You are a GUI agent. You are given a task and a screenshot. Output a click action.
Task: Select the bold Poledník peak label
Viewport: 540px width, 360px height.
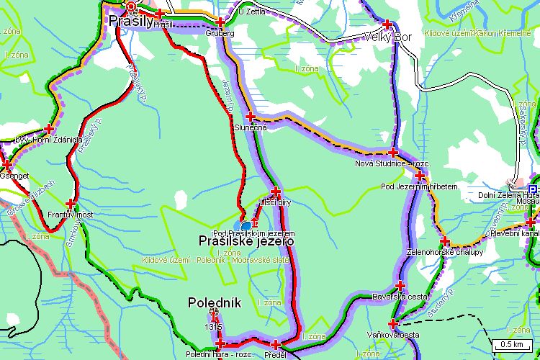click(214, 303)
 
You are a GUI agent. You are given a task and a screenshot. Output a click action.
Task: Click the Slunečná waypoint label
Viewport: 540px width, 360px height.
click(251, 127)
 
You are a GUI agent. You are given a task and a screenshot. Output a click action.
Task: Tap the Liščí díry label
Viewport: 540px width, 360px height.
click(275, 203)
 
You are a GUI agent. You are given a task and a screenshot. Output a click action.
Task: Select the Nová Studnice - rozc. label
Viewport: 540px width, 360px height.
click(393, 164)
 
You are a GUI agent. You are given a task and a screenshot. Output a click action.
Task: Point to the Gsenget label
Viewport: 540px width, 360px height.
click(16, 175)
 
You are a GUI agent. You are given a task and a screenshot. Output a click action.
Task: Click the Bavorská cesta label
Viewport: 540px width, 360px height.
click(400, 297)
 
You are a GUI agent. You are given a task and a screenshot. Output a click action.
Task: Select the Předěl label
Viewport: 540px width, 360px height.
click(275, 355)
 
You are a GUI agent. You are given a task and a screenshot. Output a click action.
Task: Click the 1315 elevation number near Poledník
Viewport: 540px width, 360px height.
click(212, 328)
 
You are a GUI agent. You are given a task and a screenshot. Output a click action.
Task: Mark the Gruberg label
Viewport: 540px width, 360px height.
click(221, 33)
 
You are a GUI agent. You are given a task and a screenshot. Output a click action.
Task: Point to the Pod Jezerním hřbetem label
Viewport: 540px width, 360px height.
click(419, 187)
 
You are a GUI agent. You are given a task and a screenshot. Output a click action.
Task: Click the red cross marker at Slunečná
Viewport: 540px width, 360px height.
click(251, 116)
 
